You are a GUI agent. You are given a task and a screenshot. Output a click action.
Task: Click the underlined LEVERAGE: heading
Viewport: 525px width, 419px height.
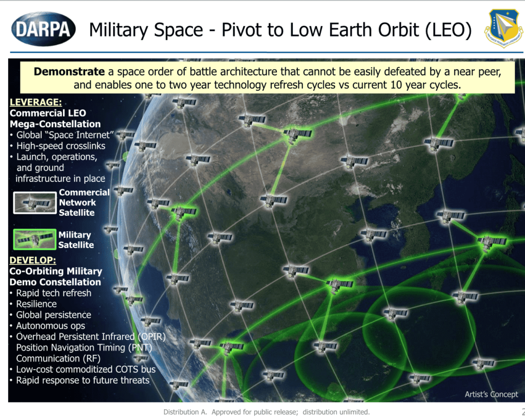(x=35, y=102)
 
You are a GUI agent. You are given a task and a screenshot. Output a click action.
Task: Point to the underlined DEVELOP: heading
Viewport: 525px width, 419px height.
(x=33, y=260)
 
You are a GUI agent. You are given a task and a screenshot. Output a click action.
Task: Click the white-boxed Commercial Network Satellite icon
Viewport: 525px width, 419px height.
(x=34, y=203)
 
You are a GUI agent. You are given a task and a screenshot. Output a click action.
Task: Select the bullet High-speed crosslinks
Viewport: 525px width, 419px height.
(x=60, y=146)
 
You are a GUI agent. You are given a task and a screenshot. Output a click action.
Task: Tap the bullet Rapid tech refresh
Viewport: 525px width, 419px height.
(x=53, y=293)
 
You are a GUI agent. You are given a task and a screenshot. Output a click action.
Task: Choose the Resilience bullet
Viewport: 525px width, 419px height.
(x=36, y=304)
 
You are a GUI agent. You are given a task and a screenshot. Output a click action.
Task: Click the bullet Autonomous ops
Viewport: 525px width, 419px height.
(x=50, y=326)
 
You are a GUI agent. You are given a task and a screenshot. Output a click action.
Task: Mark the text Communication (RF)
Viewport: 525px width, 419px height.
(x=58, y=358)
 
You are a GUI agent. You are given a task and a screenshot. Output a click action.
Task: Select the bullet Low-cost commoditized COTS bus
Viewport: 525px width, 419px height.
(x=86, y=369)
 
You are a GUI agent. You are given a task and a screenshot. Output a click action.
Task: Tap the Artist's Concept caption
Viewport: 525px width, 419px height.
(x=491, y=394)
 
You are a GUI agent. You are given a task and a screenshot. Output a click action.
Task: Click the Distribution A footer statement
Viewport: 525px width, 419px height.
(x=266, y=412)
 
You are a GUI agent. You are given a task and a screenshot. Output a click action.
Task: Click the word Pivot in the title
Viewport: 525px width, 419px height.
(x=240, y=29)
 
